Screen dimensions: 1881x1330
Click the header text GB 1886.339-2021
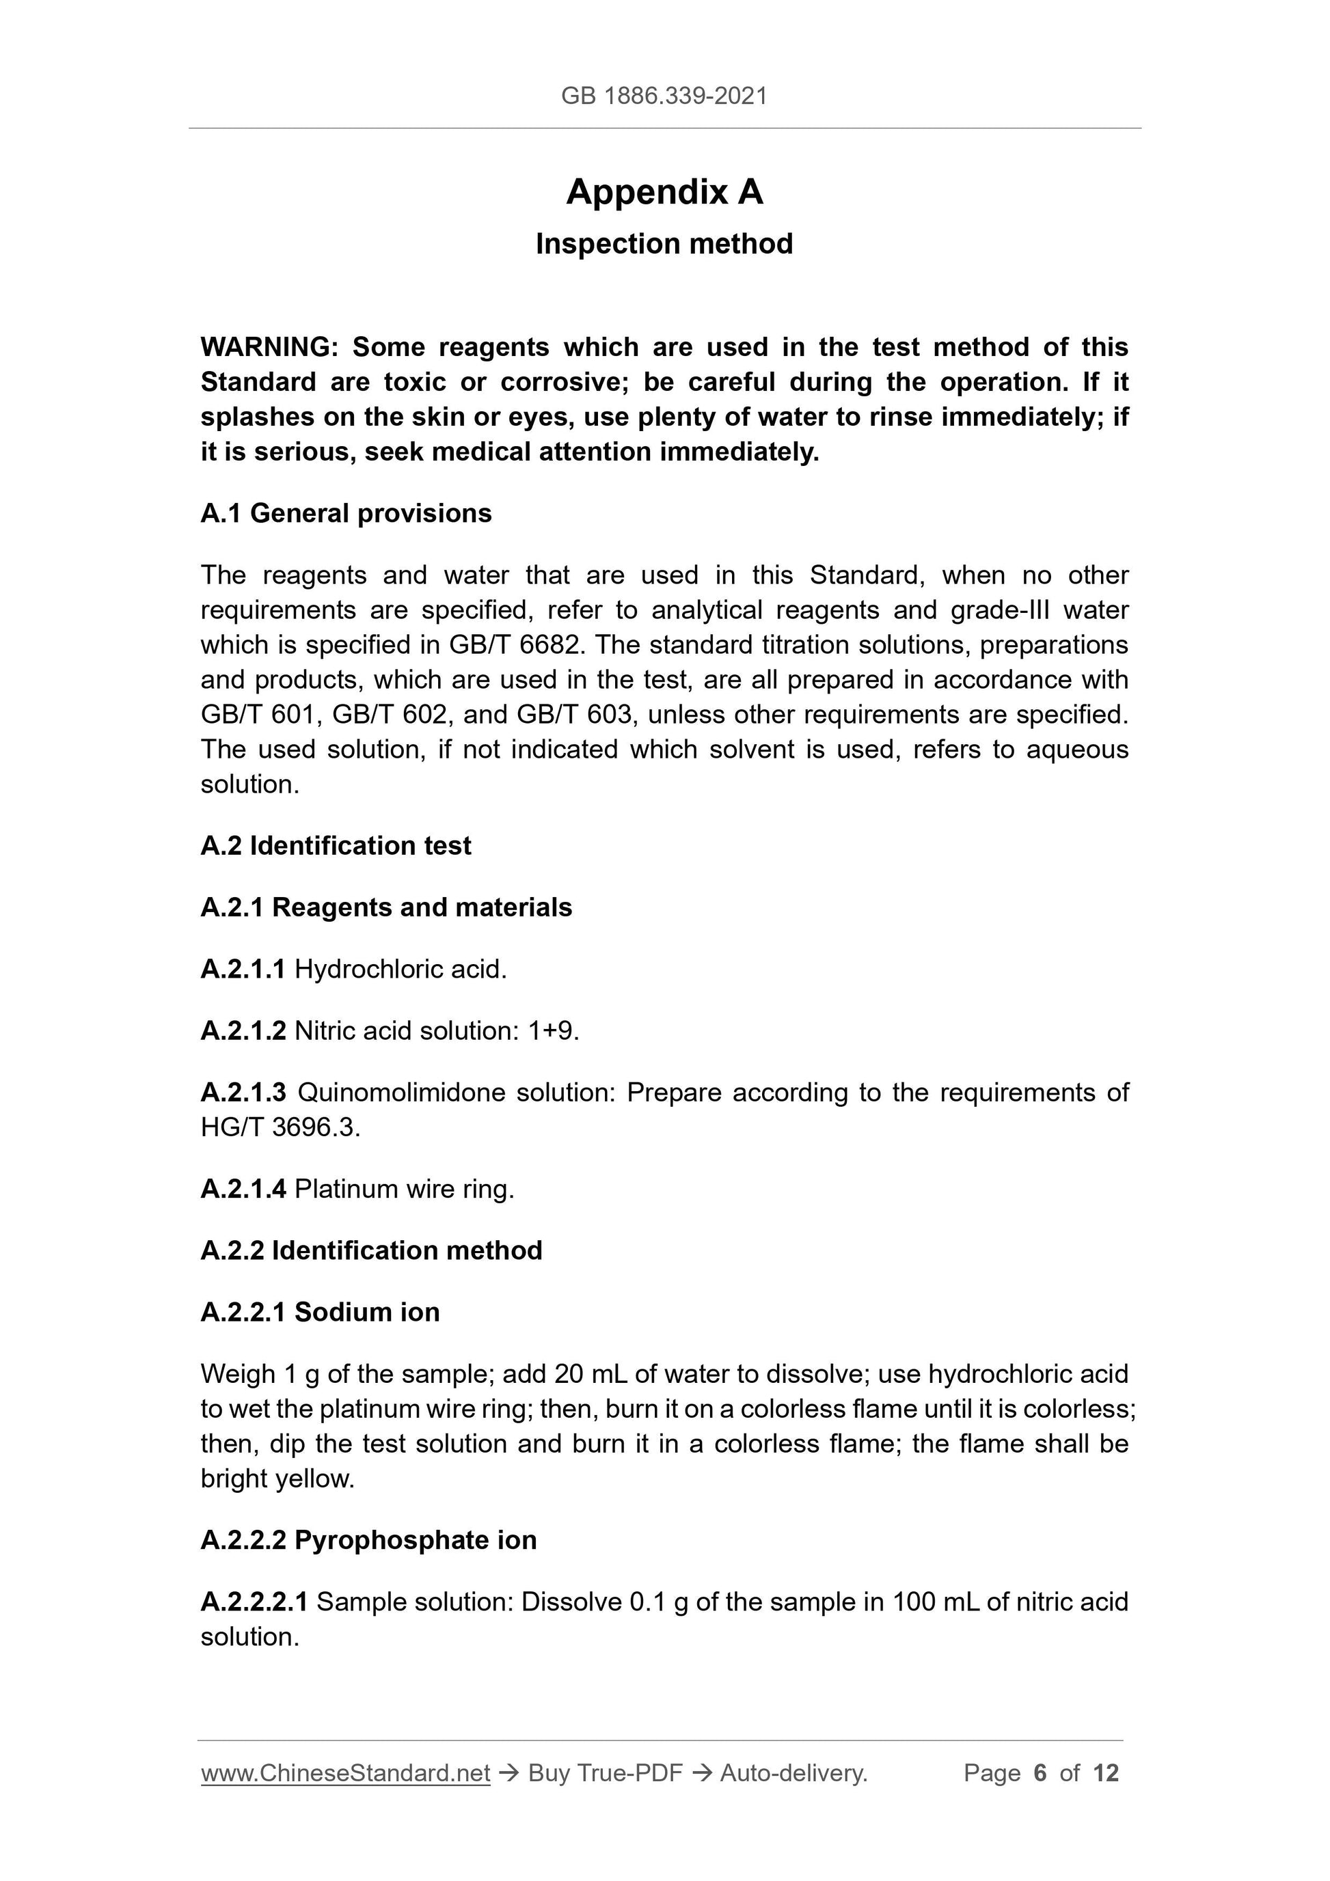[x=664, y=96]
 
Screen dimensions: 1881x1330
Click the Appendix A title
[x=664, y=193]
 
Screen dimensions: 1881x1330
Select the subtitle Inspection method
[x=664, y=244]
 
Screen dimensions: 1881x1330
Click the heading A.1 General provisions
[x=346, y=514]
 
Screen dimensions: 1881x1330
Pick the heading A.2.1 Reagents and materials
[x=386, y=908]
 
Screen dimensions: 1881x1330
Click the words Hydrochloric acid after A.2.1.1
[x=401, y=970]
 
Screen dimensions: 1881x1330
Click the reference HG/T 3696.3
[x=280, y=1128]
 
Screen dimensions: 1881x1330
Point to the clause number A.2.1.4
[x=243, y=1190]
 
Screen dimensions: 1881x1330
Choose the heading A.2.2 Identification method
[x=371, y=1251]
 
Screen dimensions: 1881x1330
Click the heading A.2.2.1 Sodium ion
[x=320, y=1313]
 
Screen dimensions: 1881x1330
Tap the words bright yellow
[x=277, y=1479]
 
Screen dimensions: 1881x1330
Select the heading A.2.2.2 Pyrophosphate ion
[x=368, y=1540]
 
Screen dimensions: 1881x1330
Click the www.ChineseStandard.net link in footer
[x=345, y=1774]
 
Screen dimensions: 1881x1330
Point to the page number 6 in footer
[x=1040, y=1774]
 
